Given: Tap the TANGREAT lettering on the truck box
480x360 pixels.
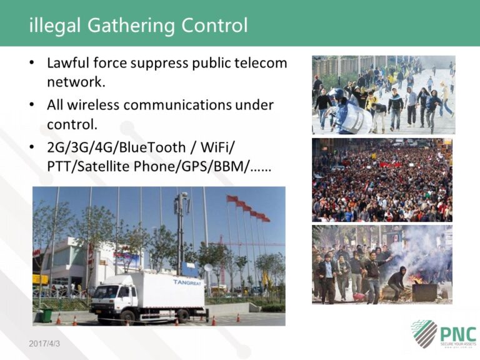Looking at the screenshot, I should (188, 282).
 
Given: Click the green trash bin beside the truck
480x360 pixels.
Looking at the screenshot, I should (47, 315).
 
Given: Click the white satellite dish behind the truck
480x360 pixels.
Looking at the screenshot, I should (209, 269).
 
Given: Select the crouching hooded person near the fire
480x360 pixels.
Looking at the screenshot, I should (397, 282).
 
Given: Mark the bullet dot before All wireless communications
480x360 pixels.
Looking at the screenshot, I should (32, 105).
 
